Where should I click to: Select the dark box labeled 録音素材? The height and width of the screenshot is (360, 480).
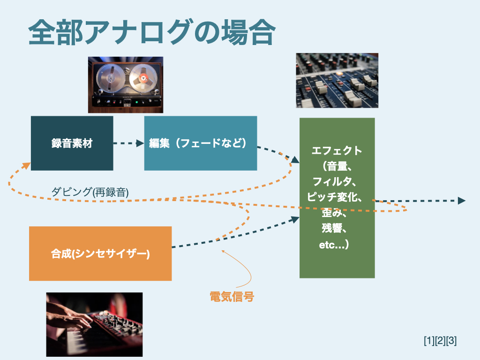click(72, 143)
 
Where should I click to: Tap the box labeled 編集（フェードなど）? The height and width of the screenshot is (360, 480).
click(200, 143)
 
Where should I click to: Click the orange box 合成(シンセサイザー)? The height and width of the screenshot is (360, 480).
click(100, 254)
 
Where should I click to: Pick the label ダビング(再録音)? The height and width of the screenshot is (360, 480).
click(90, 191)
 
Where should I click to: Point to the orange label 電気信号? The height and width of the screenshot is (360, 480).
click(232, 296)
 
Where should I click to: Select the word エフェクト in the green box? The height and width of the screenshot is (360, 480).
click(337, 150)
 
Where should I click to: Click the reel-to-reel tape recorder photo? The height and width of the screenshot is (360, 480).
click(126, 85)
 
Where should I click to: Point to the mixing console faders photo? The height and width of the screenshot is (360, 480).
click(337, 80)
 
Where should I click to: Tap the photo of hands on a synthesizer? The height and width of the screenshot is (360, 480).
click(94, 324)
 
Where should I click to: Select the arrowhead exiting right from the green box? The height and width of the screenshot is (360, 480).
click(462, 201)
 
